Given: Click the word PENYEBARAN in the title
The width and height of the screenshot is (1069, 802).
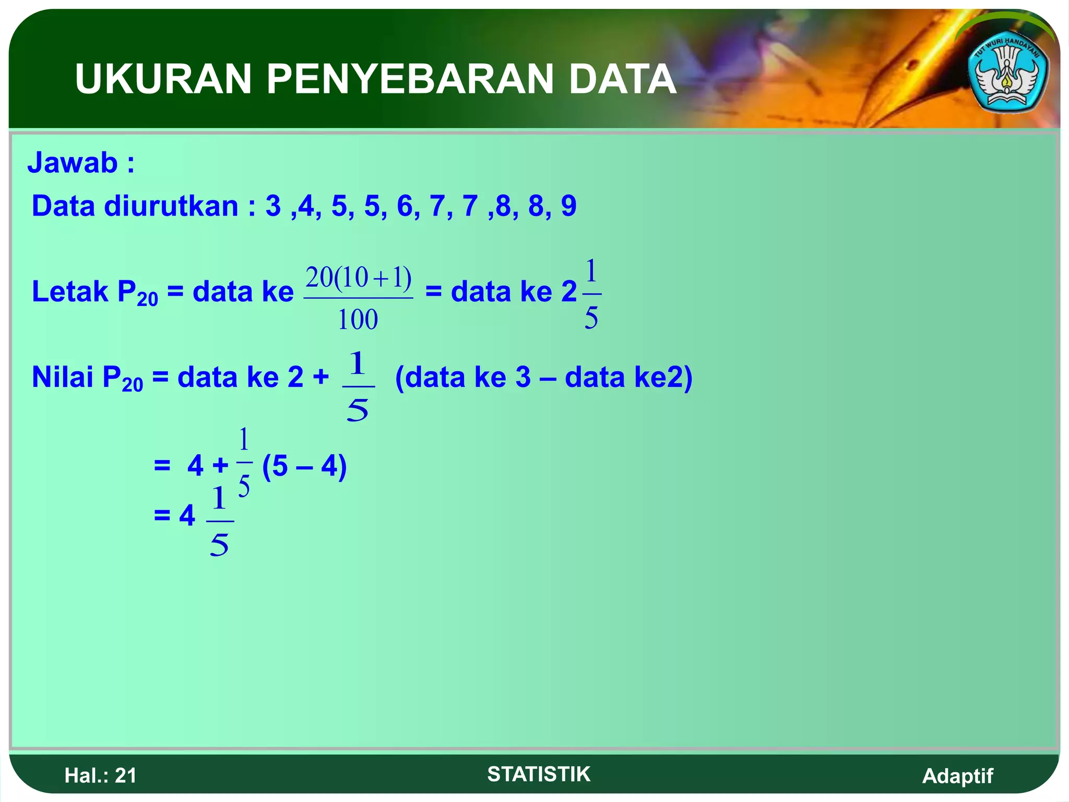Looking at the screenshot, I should (x=410, y=79).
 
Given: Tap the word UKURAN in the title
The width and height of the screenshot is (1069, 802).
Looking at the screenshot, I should (x=163, y=79).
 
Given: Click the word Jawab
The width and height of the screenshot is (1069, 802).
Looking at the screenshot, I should (x=73, y=162).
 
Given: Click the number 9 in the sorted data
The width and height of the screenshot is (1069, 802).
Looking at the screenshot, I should (x=568, y=206).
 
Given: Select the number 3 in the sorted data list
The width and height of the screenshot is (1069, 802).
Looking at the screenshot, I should (x=273, y=206).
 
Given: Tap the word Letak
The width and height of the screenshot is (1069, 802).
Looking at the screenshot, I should (x=69, y=291).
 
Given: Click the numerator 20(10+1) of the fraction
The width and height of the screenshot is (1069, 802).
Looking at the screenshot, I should (x=359, y=278).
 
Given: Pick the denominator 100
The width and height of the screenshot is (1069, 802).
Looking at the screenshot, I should (x=358, y=320).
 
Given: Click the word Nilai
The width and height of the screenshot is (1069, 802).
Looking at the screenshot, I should (x=63, y=377).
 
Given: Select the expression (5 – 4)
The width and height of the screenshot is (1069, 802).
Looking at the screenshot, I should (x=304, y=466).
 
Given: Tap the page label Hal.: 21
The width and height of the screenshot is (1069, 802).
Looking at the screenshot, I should (x=100, y=775).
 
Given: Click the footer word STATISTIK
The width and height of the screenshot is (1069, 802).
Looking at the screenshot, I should (x=539, y=774).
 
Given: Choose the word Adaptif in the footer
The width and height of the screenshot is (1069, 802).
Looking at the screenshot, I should (x=957, y=776).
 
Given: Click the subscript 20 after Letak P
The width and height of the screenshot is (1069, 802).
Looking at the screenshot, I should (x=148, y=299).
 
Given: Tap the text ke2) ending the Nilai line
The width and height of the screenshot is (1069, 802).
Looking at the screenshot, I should (x=663, y=377).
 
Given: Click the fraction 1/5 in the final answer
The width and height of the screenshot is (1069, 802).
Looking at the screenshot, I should (x=220, y=521).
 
